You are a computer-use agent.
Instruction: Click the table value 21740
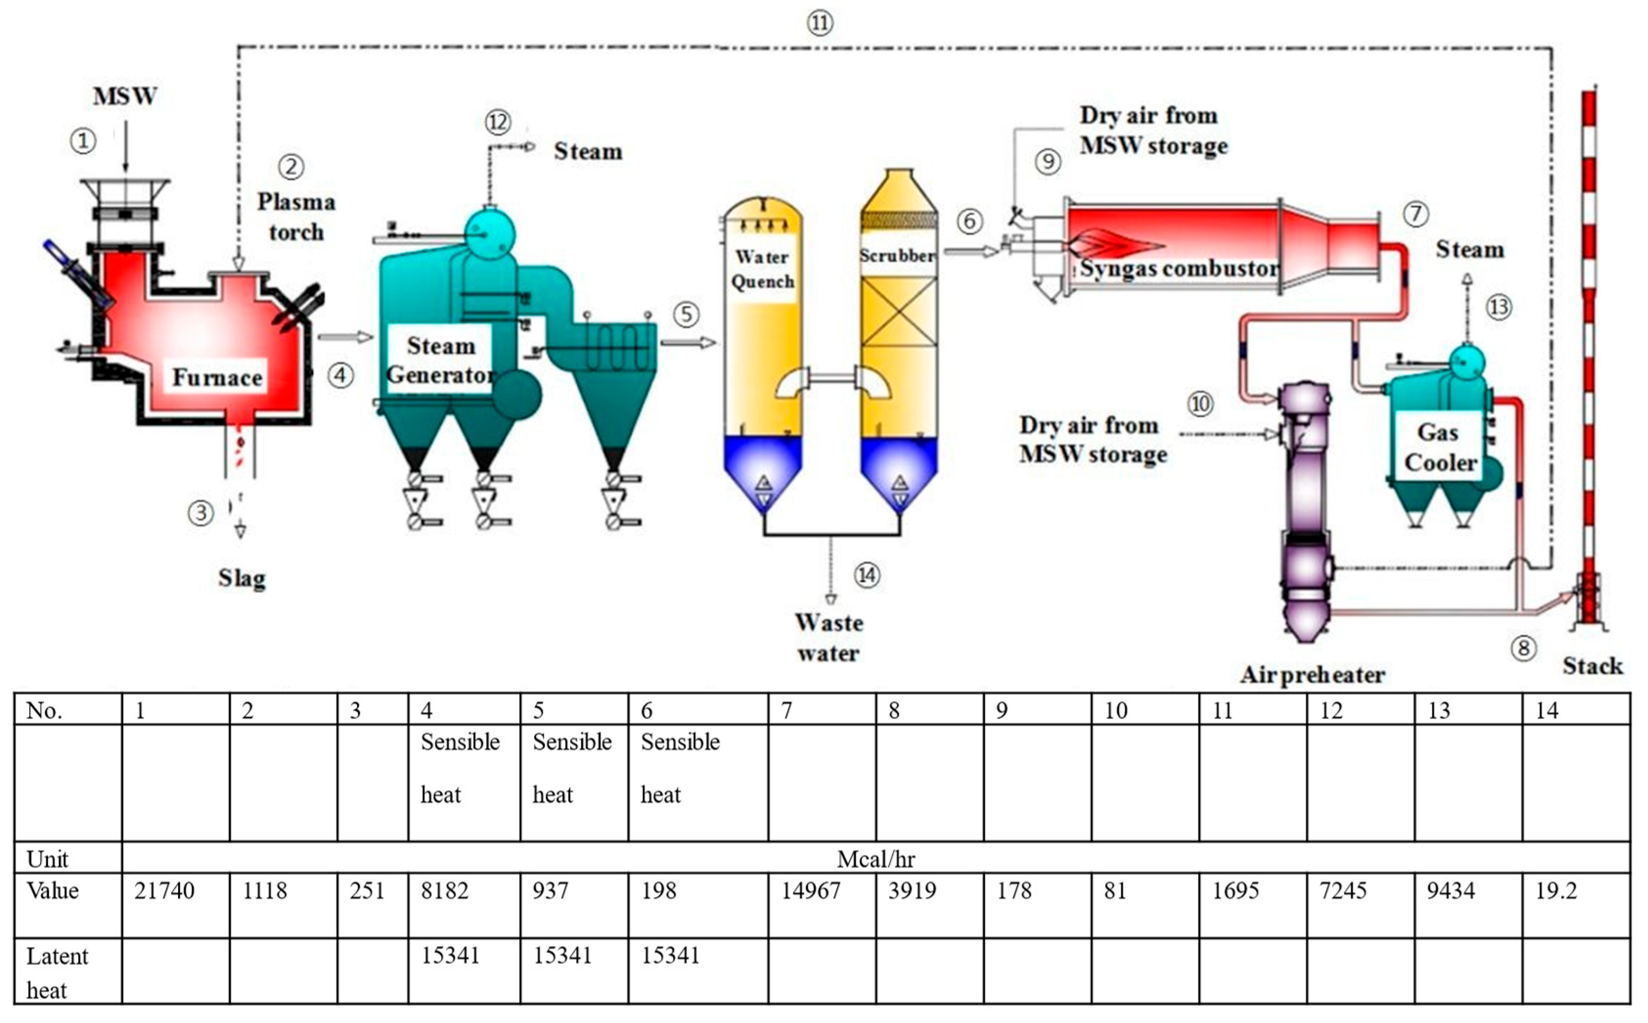164,891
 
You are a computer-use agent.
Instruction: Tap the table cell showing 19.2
1556,891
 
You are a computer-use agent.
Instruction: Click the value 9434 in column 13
1450,891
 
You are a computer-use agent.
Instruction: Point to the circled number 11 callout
819,23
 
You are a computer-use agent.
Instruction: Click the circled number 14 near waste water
867,576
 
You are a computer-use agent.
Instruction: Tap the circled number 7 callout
1415,215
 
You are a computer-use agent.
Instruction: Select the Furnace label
217,377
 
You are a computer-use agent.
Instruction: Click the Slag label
242,578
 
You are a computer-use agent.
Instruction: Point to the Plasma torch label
296,217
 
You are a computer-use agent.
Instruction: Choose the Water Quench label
762,268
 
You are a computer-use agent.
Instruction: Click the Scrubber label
897,256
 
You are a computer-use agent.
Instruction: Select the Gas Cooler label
1440,447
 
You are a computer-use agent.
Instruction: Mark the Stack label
1592,667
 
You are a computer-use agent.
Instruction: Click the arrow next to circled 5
688,343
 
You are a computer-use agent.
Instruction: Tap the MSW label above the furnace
125,96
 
